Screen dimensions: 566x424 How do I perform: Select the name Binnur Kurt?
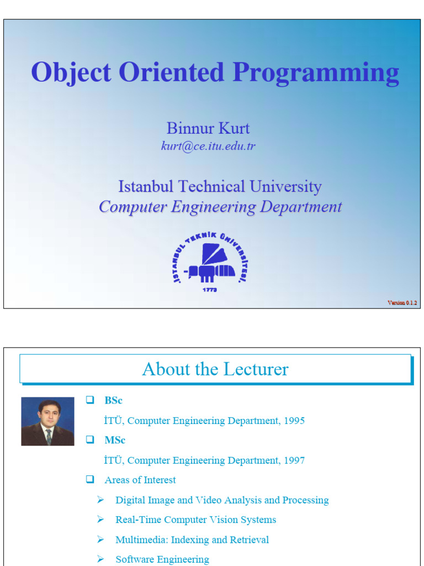pyautogui.click(x=208, y=128)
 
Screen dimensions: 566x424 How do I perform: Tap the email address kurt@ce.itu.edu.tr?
pyautogui.click(x=208, y=146)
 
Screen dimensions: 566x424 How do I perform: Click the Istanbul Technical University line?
pyautogui.click(x=220, y=187)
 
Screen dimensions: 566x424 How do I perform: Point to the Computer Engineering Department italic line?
pyautogui.click(x=220, y=207)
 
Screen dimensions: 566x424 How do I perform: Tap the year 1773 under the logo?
pyautogui.click(x=209, y=290)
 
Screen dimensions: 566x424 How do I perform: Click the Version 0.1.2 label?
pyautogui.click(x=402, y=302)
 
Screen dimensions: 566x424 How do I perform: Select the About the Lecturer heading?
pyautogui.click(x=215, y=369)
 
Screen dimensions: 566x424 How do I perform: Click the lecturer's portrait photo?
pyautogui.click(x=47, y=421)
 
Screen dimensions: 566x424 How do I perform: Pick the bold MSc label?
pyautogui.click(x=115, y=441)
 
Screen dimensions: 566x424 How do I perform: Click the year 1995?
pyautogui.click(x=294, y=421)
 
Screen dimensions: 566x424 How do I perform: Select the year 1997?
pyautogui.click(x=294, y=460)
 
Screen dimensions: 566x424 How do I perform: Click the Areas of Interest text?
pyautogui.click(x=140, y=480)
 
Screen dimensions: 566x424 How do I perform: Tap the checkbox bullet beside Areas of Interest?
pyautogui.click(x=90, y=480)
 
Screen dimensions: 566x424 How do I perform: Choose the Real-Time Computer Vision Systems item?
pyautogui.click(x=195, y=520)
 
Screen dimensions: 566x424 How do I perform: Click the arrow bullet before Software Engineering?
pyautogui.click(x=100, y=559)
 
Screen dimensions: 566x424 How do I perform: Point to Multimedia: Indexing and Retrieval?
pyautogui.click(x=192, y=539)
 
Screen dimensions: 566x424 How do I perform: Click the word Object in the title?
pyautogui.click(x=66, y=74)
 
